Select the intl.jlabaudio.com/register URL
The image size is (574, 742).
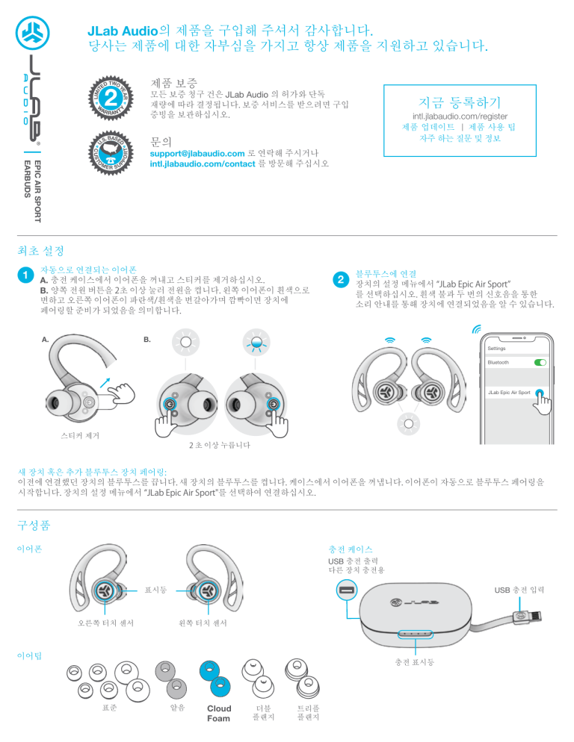(454, 116)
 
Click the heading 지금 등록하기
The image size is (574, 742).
(454, 101)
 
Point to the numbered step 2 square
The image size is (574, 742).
(340, 280)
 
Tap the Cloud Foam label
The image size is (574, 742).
(219, 713)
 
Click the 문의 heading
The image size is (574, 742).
(162, 140)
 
